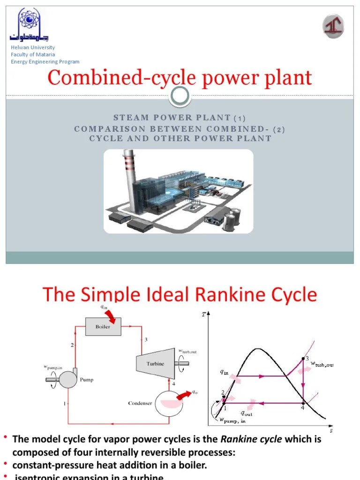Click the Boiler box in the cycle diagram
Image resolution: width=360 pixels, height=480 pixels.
tap(103, 326)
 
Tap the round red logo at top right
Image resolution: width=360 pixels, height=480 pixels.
tap(333, 26)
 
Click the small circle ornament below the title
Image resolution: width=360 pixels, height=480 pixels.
tap(180, 96)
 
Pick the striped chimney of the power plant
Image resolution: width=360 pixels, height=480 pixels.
tap(129, 168)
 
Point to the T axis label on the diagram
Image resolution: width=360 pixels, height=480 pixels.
tap(203, 315)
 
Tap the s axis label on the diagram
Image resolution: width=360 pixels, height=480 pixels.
tap(331, 430)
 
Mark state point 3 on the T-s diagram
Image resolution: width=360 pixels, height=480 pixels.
tap(303, 359)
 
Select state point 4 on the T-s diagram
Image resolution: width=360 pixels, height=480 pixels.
tap(303, 402)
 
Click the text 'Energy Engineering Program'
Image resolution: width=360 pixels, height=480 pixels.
tap(45, 61)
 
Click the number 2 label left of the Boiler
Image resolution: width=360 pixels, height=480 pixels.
tap(72, 345)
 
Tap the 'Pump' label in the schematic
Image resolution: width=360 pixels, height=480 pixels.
tap(86, 380)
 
